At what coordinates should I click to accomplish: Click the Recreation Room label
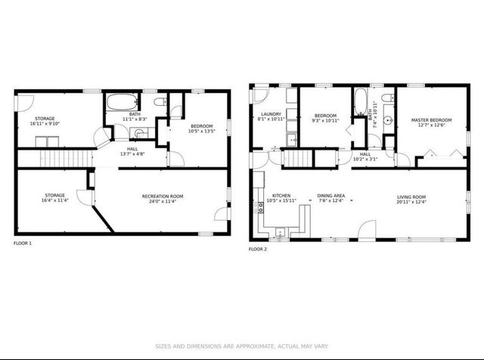point(163,197)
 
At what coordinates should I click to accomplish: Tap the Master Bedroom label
point(431,120)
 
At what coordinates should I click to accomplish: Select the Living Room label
point(411,197)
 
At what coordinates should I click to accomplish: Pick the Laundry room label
point(271,114)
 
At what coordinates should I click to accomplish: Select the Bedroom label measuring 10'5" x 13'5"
point(201,126)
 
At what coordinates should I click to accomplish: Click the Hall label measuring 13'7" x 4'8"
point(132,149)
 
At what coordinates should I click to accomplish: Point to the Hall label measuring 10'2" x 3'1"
point(365,154)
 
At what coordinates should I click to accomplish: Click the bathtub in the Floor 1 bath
point(120,102)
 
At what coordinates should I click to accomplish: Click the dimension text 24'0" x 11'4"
point(163,202)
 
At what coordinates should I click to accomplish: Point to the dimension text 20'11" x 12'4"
point(411,202)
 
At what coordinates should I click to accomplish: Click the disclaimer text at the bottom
point(242,346)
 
